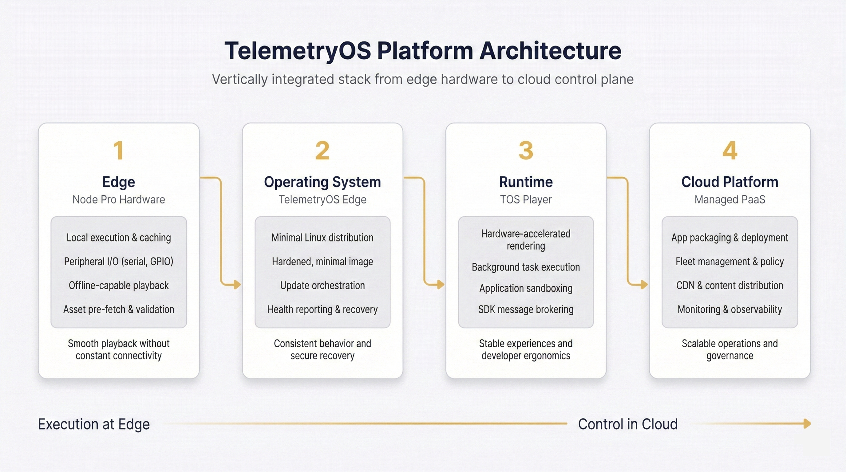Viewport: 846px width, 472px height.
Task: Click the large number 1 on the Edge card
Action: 119,151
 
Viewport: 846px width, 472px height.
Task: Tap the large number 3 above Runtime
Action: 526,151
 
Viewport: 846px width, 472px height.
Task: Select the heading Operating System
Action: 322,182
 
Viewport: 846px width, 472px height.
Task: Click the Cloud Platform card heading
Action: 729,182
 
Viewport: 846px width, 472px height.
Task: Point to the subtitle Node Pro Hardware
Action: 119,199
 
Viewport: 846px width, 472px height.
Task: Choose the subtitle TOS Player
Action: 526,199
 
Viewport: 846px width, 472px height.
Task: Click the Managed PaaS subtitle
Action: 729,199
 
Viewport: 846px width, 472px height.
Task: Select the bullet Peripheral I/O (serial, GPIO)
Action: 119,262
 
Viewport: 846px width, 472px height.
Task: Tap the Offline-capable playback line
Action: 119,285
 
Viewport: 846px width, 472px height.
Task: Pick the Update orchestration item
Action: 322,285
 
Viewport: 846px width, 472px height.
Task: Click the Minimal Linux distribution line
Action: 322,238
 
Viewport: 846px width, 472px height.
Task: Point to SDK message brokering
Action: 526,309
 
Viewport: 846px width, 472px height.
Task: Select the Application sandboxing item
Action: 526,288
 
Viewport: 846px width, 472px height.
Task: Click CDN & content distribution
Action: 729,285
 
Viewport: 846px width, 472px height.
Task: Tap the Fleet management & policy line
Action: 729,262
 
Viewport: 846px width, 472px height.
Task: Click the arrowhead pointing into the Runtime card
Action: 441,284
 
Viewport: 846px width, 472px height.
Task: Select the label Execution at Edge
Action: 94,424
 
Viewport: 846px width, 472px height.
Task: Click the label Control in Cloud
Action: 628,424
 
